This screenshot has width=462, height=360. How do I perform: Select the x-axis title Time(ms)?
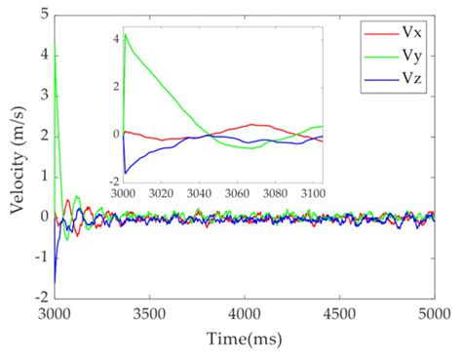(x=245, y=339)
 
